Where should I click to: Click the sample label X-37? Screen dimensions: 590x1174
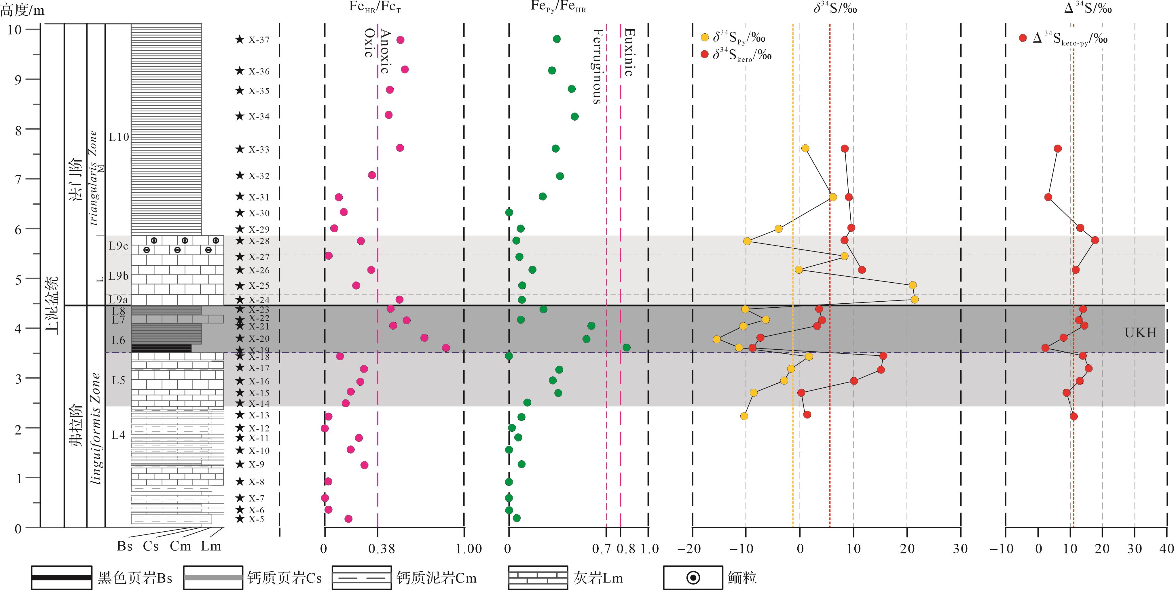259,40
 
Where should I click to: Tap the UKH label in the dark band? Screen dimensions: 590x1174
1140,333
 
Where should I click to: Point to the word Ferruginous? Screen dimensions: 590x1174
598,66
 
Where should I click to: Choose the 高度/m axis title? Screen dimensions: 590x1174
22,10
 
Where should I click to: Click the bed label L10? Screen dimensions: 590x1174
118,137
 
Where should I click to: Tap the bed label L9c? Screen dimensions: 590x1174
118,246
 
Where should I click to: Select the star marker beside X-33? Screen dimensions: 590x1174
240,149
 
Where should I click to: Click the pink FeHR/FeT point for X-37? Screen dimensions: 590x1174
400,40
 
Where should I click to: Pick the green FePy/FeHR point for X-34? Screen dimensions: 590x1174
575,117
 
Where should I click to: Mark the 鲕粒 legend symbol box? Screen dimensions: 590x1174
693,578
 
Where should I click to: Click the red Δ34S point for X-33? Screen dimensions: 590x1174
1058,149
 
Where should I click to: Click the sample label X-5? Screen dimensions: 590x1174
256,519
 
